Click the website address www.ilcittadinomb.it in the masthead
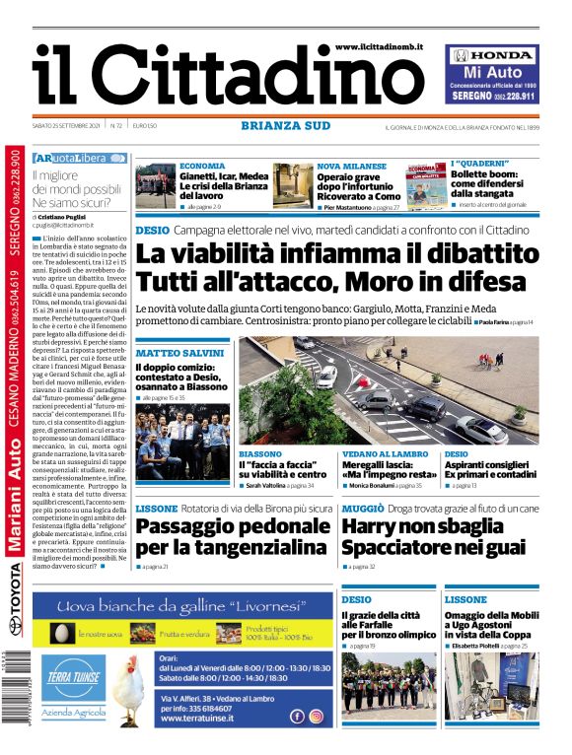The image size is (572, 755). coord(379,47)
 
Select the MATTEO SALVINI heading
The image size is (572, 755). coord(179,353)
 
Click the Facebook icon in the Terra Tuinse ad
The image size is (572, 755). coord(296,717)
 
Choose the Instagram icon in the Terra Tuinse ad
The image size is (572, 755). coord(316,717)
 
